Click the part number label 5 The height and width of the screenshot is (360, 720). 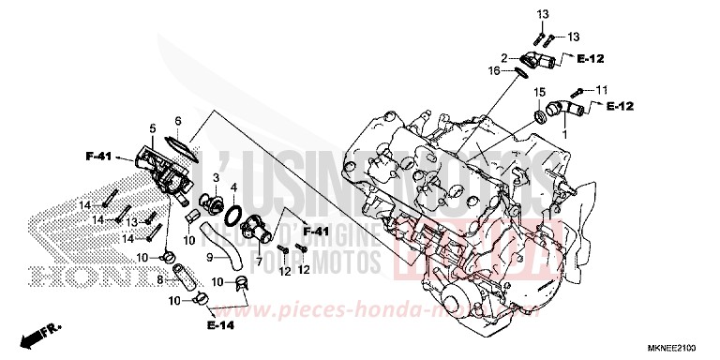[x=152, y=127]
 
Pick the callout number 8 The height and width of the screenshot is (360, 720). [x=159, y=278]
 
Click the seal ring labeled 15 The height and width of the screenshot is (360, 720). [x=541, y=117]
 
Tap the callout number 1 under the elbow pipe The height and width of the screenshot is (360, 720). [x=563, y=134]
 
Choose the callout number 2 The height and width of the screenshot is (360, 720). [x=503, y=57]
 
